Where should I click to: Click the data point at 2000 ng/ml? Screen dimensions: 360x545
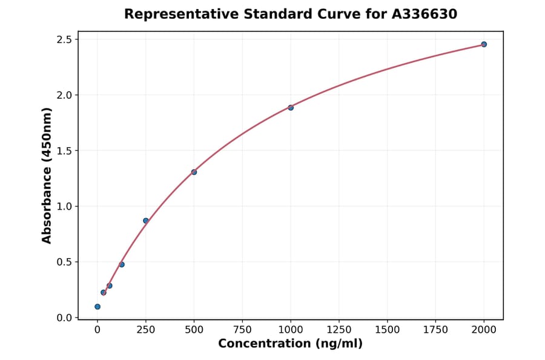484,44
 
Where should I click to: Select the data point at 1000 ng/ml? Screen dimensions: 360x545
291,108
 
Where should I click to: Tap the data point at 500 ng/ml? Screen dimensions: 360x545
194,172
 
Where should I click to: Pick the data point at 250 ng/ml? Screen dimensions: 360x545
146,221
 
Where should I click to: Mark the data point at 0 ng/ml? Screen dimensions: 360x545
97,307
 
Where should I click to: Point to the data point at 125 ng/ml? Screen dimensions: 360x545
122,264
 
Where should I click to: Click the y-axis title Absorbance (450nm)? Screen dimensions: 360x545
47,175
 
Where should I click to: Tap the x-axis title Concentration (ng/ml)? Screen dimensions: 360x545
290,344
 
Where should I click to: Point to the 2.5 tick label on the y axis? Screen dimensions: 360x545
64,39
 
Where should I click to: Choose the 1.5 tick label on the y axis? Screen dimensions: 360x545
64,151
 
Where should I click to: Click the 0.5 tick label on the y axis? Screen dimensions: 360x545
64,262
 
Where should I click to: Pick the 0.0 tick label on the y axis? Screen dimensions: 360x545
64,318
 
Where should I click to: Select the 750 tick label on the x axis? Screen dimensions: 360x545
242,330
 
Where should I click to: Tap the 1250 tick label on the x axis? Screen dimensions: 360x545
339,330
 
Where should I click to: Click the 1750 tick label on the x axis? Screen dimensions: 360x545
435,330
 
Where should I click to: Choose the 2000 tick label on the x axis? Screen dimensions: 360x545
484,330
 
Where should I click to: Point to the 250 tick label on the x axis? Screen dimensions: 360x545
146,330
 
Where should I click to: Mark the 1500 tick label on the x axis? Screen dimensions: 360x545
388,330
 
